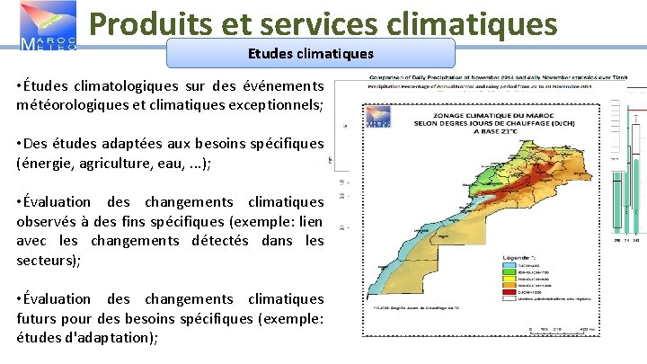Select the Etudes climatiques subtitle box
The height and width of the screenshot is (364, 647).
[x=310, y=54]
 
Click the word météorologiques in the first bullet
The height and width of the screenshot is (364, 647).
[x=72, y=104]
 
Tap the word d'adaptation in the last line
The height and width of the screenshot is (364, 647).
[x=113, y=337]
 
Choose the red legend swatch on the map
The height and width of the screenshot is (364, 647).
[x=510, y=292]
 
